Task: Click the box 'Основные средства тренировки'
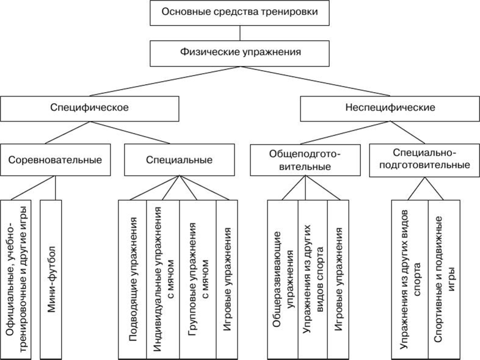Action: [240, 12]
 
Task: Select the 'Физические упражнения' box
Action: [240, 52]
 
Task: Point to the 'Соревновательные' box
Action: [55, 160]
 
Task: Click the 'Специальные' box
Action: [179, 160]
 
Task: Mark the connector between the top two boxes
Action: [240, 32]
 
